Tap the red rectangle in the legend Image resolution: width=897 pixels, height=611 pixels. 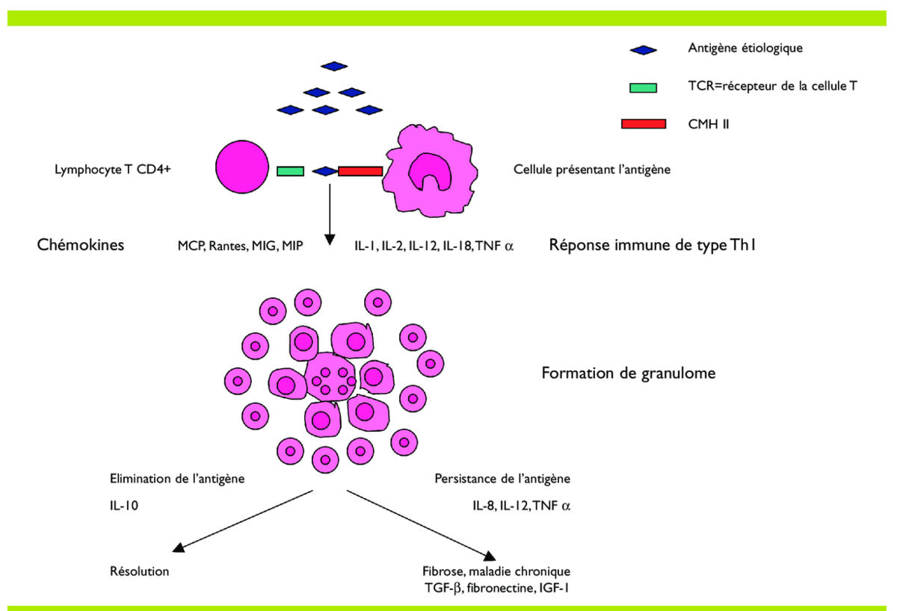[643, 123]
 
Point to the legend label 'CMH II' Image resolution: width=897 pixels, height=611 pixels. [708, 123]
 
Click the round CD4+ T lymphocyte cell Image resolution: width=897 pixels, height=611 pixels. [242, 169]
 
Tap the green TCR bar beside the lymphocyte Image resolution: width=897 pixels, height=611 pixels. [290, 171]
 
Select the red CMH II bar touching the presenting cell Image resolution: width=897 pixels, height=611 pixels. [360, 171]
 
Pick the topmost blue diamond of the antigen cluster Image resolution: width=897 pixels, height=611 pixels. [334, 66]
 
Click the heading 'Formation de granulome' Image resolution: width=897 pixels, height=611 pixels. [629, 372]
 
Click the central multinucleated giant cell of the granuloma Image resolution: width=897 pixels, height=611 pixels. [332, 379]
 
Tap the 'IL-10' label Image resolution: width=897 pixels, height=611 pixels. [122, 506]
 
